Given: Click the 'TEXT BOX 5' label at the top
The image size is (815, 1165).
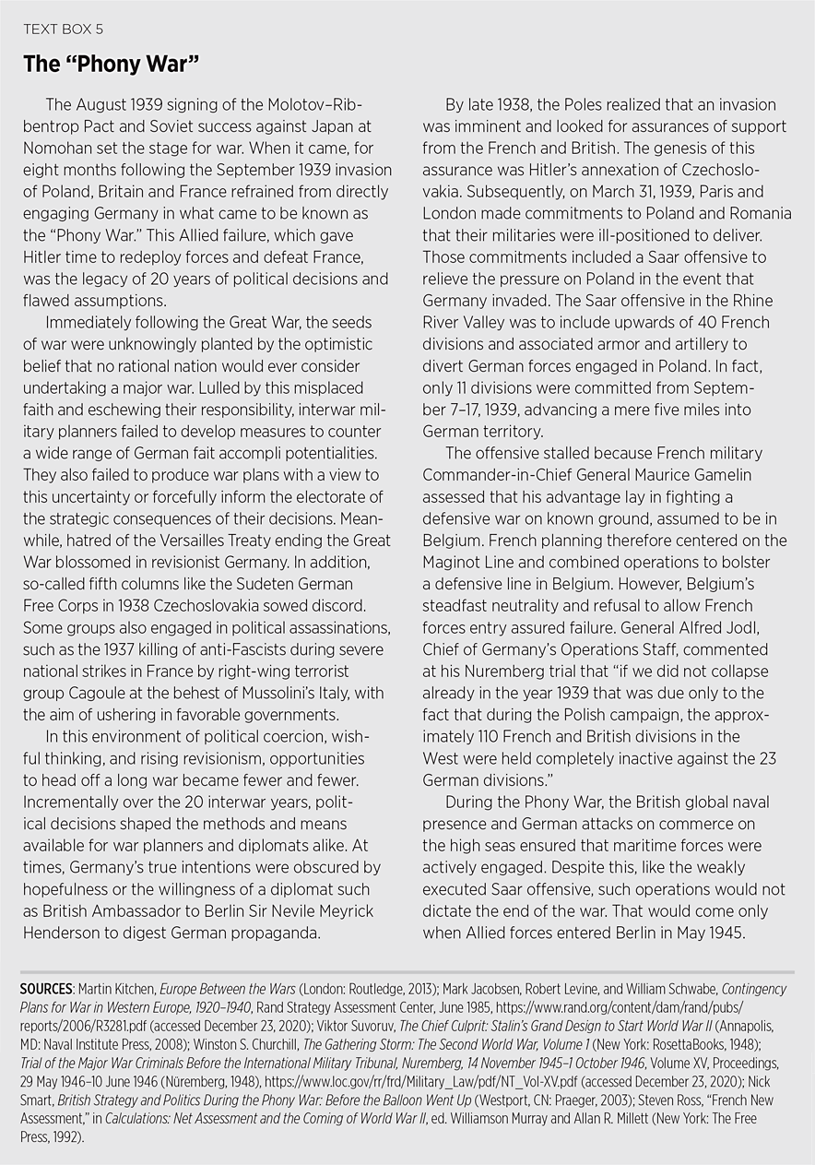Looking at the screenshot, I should pyautogui.click(x=63, y=30).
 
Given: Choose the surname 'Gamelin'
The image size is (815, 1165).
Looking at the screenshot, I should pyautogui.click(x=722, y=475).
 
